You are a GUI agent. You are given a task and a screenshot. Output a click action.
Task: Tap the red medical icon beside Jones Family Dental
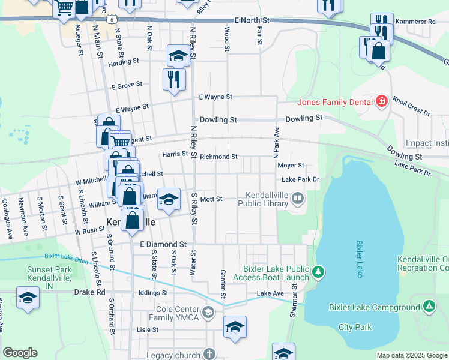coord(381,101)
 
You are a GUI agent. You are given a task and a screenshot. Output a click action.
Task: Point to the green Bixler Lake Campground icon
coord(429,307)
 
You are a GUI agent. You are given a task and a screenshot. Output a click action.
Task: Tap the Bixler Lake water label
coord(360,259)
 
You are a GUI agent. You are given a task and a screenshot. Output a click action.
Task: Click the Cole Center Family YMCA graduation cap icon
coord(208,312)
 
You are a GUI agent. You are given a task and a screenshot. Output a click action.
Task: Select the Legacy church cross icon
coord(208,355)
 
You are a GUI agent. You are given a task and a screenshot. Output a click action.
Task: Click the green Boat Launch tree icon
coord(319,273)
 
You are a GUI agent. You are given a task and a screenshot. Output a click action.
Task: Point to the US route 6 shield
coord(112,19)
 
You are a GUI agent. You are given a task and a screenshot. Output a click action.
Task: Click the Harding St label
coord(124,61)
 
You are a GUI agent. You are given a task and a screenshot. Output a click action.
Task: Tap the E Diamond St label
coord(163,245)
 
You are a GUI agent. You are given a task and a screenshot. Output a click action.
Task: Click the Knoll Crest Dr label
coord(411,105)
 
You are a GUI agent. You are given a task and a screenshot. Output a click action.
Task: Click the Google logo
coord(20,353)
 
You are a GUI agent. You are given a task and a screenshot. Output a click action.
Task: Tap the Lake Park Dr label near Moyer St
coord(300,179)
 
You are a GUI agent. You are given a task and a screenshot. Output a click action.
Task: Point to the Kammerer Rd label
coord(415,22)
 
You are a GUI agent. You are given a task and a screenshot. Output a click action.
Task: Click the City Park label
coord(355,327)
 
